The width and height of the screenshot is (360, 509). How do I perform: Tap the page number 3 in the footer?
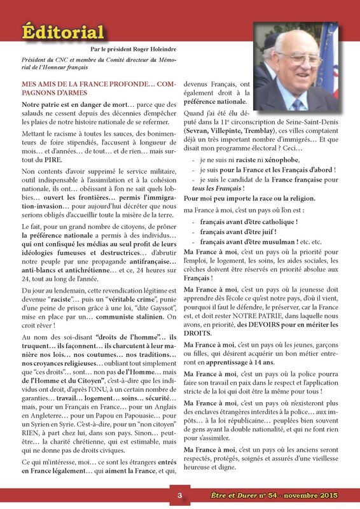[179, 496]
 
